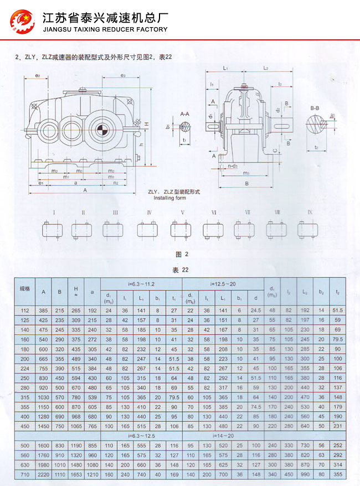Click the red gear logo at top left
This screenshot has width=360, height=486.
22,20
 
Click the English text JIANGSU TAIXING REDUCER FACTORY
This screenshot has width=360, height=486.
105,29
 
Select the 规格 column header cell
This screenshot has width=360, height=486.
25,289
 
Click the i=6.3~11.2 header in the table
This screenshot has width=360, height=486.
141,284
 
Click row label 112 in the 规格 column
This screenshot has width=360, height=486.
25,311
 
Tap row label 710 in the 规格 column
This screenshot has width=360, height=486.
25,474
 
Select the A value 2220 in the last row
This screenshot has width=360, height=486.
43,474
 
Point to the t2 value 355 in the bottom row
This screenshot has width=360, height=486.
338,474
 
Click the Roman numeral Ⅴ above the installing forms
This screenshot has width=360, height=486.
182,213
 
